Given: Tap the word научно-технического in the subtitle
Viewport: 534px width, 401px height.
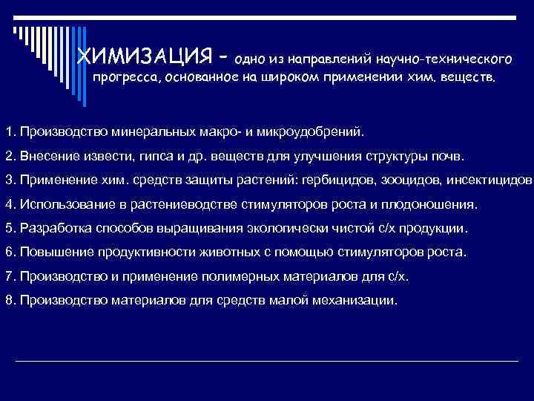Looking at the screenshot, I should (444, 57).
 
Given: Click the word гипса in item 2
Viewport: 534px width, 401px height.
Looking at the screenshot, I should (154, 157).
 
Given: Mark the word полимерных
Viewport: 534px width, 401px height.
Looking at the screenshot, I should (271, 276).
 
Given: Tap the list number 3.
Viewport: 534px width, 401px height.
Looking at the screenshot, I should (8, 180).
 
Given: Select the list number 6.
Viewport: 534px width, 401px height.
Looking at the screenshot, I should (8, 252).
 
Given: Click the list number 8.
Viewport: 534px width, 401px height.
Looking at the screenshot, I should (8, 300).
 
